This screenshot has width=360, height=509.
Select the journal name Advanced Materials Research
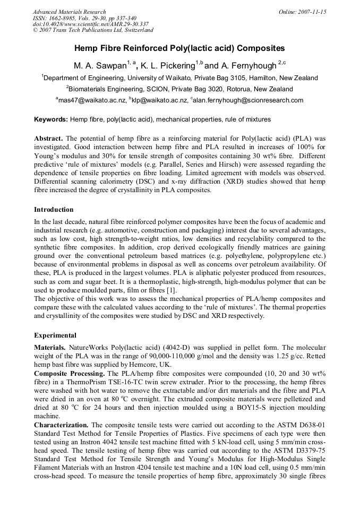(x=69, y=12)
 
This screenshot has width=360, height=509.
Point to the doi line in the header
(x=91, y=24)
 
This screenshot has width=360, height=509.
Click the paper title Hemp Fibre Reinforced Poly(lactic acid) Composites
(x=179, y=48)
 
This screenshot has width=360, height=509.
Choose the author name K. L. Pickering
(x=169, y=66)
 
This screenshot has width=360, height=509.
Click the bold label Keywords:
(x=51, y=119)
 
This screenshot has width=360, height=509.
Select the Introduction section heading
(x=54, y=210)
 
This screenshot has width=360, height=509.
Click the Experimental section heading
(x=55, y=335)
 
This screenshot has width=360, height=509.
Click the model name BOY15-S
(x=238, y=408)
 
